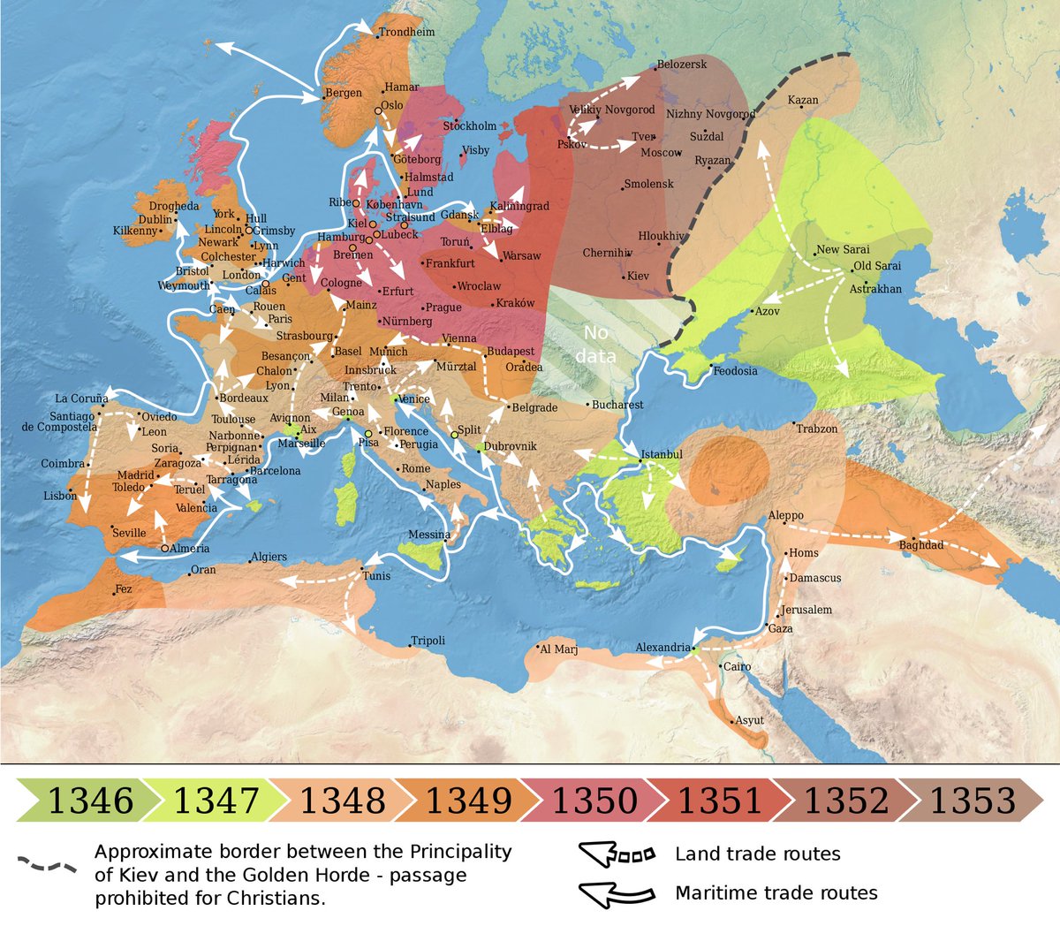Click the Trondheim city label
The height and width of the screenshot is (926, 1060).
(x=406, y=33)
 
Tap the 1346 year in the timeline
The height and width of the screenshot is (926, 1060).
(x=90, y=801)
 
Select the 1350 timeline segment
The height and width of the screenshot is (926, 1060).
(x=594, y=801)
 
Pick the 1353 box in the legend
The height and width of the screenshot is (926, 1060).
(x=972, y=801)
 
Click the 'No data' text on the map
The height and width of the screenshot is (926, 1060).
(x=595, y=344)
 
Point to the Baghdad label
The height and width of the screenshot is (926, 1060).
(x=921, y=545)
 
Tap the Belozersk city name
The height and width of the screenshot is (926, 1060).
(x=682, y=65)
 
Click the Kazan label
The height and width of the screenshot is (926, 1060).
(x=803, y=100)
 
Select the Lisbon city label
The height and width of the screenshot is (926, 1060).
(x=60, y=496)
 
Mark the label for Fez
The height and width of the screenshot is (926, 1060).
(x=124, y=588)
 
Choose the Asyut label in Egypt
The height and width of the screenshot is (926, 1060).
(x=749, y=720)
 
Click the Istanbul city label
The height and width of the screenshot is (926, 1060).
(x=662, y=454)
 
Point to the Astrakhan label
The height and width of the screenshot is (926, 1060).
(x=875, y=289)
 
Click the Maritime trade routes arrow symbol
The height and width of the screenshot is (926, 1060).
(x=617, y=893)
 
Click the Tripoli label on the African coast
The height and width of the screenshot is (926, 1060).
(x=428, y=641)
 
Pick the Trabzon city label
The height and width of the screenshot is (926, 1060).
(x=817, y=429)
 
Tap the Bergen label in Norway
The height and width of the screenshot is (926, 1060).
(x=344, y=93)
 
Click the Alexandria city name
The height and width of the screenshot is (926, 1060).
(x=662, y=648)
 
